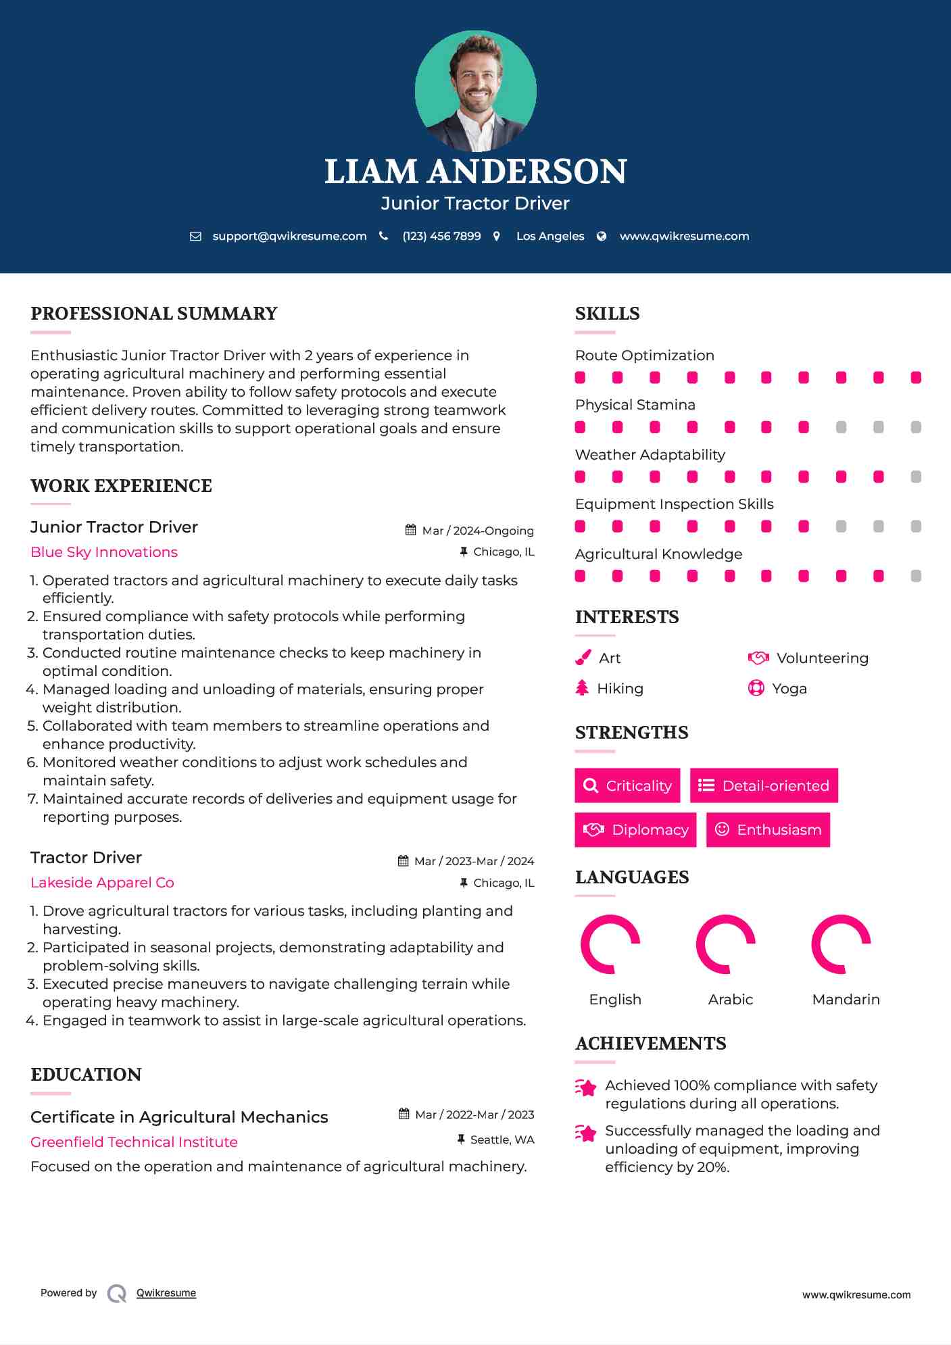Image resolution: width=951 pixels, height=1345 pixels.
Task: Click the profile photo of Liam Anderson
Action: pyautogui.click(x=475, y=91)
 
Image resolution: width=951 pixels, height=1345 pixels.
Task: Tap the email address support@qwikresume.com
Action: pyautogui.click(x=289, y=236)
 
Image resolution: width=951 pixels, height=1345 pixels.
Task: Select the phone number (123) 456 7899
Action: pyautogui.click(x=441, y=236)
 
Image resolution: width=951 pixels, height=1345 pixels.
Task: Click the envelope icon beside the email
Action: pyautogui.click(x=195, y=236)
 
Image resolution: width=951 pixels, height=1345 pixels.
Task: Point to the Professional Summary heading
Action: pyautogui.click(x=154, y=314)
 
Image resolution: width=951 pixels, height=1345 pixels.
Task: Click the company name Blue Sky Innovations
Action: pyautogui.click(x=104, y=552)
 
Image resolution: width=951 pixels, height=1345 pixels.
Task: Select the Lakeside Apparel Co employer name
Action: pyautogui.click(x=102, y=883)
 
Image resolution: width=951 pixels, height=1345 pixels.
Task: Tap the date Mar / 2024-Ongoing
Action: pyautogui.click(x=477, y=531)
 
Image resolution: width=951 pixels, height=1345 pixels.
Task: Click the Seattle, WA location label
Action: pyautogui.click(x=502, y=1140)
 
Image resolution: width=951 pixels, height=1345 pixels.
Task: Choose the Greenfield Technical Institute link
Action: pyautogui.click(x=134, y=1142)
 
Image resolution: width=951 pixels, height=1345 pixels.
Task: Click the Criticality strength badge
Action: pyautogui.click(x=627, y=785)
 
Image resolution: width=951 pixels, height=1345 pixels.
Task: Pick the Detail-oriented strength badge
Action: pyautogui.click(x=764, y=785)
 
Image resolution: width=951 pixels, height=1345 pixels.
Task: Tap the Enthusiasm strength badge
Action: pyautogui.click(x=768, y=829)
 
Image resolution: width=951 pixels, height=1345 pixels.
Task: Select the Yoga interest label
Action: pyautogui.click(x=789, y=689)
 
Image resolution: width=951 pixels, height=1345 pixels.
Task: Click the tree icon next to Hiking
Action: pyautogui.click(x=582, y=688)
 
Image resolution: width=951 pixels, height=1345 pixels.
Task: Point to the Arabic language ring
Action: pyautogui.click(x=725, y=944)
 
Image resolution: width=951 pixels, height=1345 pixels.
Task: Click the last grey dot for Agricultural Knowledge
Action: pyautogui.click(x=916, y=576)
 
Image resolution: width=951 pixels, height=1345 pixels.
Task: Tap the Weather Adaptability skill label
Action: pyautogui.click(x=650, y=455)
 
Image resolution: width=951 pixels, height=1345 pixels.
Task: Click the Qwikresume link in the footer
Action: pyautogui.click(x=166, y=1293)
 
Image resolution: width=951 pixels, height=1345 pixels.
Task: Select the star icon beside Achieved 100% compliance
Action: pyautogui.click(x=586, y=1087)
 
